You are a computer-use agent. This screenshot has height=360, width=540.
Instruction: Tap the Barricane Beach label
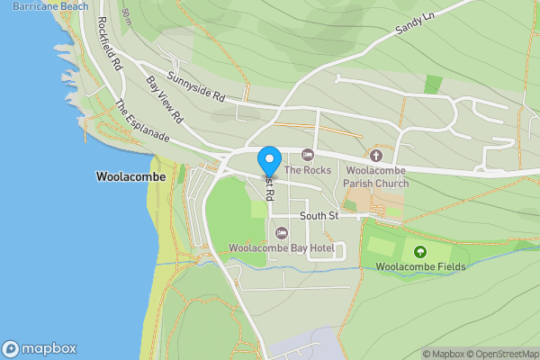[x=50, y=6]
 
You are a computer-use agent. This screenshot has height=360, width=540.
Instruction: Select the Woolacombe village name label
[x=130, y=177]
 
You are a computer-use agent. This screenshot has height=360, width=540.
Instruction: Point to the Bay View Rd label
[x=165, y=99]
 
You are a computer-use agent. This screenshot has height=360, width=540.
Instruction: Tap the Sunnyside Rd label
[x=193, y=85]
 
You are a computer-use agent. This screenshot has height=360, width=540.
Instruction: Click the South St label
[x=319, y=216]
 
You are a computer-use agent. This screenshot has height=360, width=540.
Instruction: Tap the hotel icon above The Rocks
[x=308, y=156]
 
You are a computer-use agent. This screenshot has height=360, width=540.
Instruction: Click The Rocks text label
[x=308, y=170]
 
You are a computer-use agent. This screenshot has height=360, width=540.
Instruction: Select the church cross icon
[x=376, y=156]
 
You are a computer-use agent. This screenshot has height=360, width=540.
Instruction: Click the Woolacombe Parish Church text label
[x=376, y=176]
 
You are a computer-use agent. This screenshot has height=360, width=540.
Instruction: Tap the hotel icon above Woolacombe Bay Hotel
[x=280, y=233]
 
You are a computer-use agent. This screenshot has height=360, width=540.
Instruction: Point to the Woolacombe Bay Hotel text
[x=281, y=247]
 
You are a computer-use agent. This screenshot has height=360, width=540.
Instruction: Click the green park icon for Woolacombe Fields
[x=419, y=251]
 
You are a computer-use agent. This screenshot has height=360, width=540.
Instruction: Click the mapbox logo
[x=39, y=348]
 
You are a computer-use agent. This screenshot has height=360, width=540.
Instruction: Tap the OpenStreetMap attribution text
[x=506, y=354]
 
